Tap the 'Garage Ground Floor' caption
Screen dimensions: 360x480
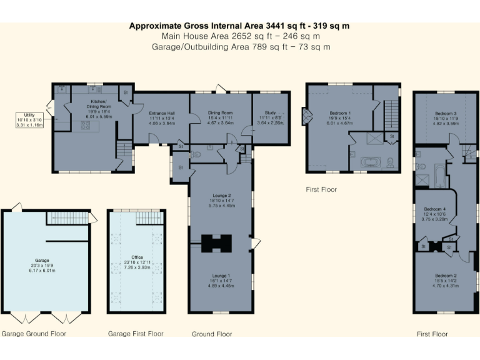tap(34, 334)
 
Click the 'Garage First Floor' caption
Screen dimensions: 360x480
tap(136, 334)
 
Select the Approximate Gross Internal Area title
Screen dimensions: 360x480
tap(239, 26)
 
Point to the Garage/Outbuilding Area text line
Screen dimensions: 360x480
tap(239, 47)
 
